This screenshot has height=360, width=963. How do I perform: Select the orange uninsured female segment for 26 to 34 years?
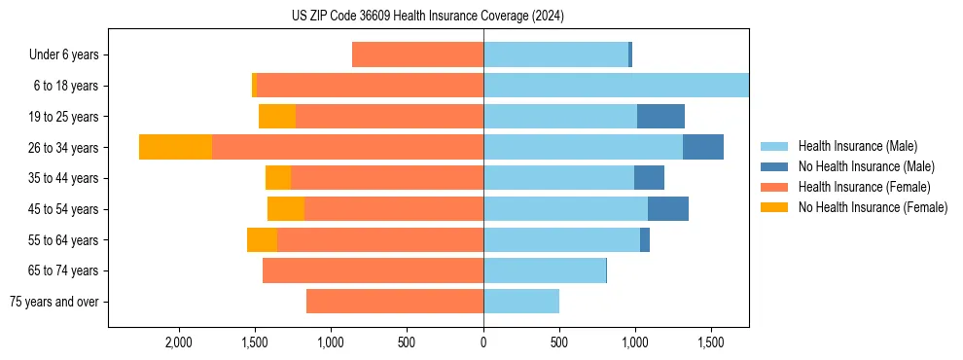click(175, 147)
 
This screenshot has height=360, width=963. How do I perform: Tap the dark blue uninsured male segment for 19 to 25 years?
click(660, 116)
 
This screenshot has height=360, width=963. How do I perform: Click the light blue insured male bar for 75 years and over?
click(521, 302)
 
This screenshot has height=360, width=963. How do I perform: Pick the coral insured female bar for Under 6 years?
click(417, 54)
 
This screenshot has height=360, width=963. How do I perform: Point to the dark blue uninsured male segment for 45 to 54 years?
click(668, 208)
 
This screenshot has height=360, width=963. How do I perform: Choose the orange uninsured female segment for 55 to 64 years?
click(262, 239)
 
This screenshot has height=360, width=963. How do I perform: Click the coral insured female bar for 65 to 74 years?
click(373, 270)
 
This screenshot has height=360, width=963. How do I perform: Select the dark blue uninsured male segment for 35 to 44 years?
click(649, 178)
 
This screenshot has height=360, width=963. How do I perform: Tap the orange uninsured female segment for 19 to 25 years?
click(277, 116)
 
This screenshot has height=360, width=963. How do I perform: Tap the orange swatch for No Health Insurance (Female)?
click(775, 207)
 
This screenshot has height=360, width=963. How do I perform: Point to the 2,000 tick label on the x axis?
click(179, 343)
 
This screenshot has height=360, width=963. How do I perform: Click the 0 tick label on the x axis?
click(483, 343)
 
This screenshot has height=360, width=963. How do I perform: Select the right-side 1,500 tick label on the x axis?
click(711, 343)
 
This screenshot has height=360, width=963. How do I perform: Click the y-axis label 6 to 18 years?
click(66, 86)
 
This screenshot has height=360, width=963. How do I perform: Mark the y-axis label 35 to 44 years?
click(64, 178)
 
